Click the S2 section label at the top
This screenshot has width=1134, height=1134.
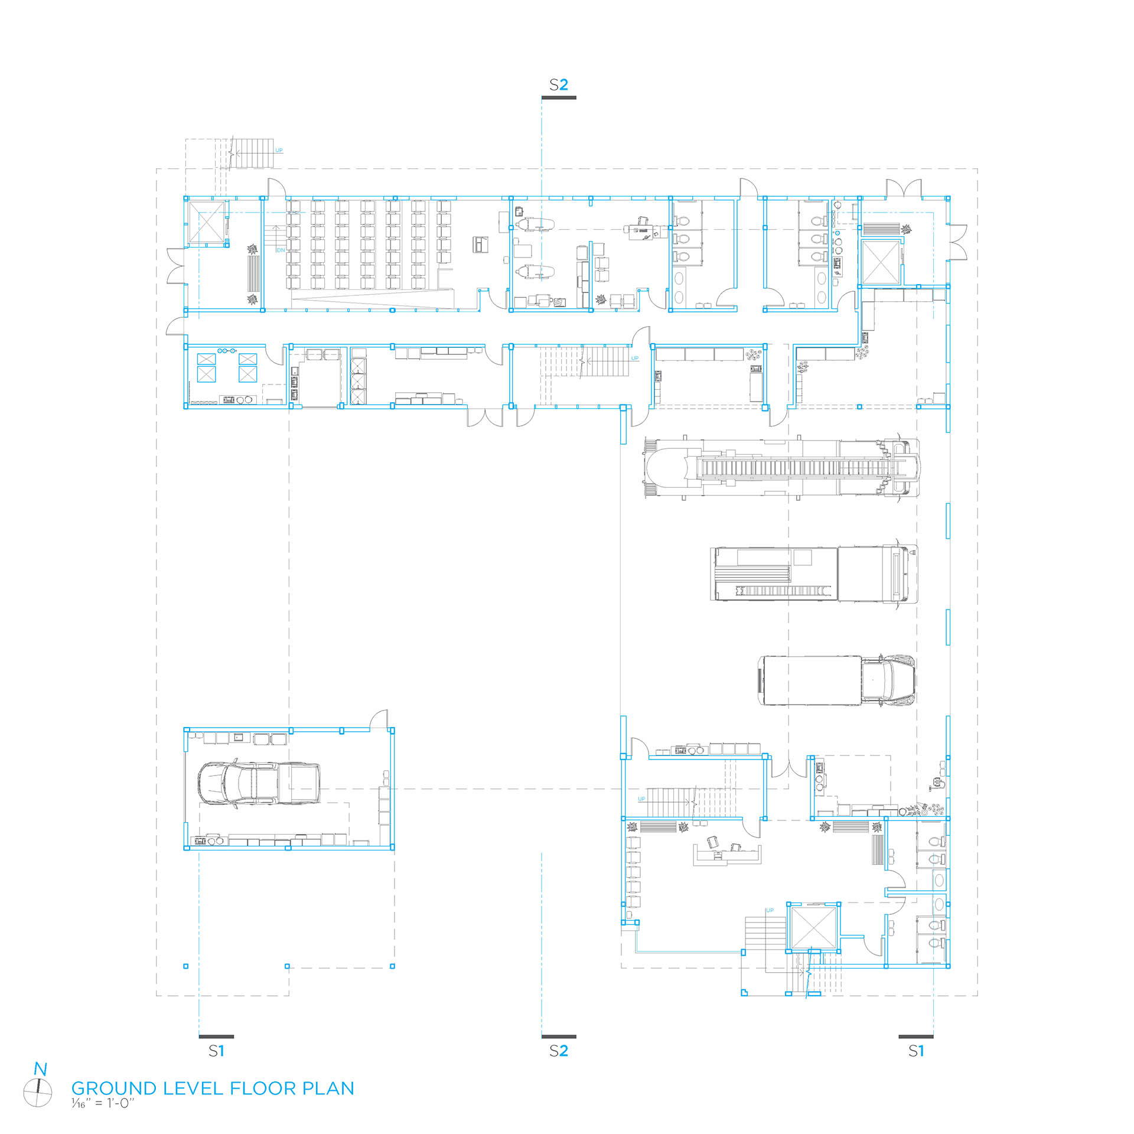558,85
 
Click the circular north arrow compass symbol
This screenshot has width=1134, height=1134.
38,1093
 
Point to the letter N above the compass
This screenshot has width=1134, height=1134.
40,1069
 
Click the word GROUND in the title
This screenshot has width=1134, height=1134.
114,1089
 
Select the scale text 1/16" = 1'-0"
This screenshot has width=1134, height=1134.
103,1103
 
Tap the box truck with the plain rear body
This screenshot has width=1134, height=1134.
838,680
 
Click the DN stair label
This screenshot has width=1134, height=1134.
281,250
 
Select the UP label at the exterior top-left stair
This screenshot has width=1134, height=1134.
279,150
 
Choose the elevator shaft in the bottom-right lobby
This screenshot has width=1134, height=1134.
813,928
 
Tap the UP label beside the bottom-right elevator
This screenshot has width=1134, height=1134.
770,910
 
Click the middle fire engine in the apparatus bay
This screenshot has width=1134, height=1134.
814,573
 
